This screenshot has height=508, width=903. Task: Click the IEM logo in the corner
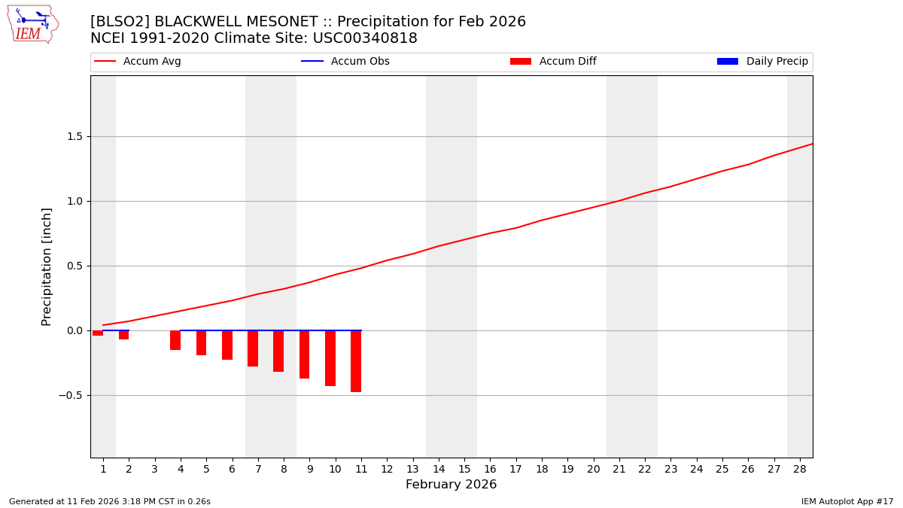pyautogui.click(x=32, y=24)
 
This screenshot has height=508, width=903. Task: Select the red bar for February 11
pyautogui.click(x=356, y=361)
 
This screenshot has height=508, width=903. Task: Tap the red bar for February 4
pyautogui.click(x=175, y=340)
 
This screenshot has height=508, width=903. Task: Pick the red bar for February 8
pyautogui.click(x=278, y=351)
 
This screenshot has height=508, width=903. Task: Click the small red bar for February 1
pyautogui.click(x=98, y=333)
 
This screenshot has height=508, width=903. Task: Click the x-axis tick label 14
pyautogui.click(x=439, y=469)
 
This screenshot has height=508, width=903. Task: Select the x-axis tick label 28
pyautogui.click(x=800, y=469)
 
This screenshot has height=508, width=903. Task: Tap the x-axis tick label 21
pyautogui.click(x=619, y=469)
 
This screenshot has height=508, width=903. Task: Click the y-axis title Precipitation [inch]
pyautogui.click(x=47, y=266)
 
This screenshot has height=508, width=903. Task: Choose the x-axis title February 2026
pyautogui.click(x=451, y=485)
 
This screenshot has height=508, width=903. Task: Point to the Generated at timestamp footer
pyautogui.click(x=110, y=501)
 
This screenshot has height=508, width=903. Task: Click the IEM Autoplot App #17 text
pyautogui.click(x=847, y=501)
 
